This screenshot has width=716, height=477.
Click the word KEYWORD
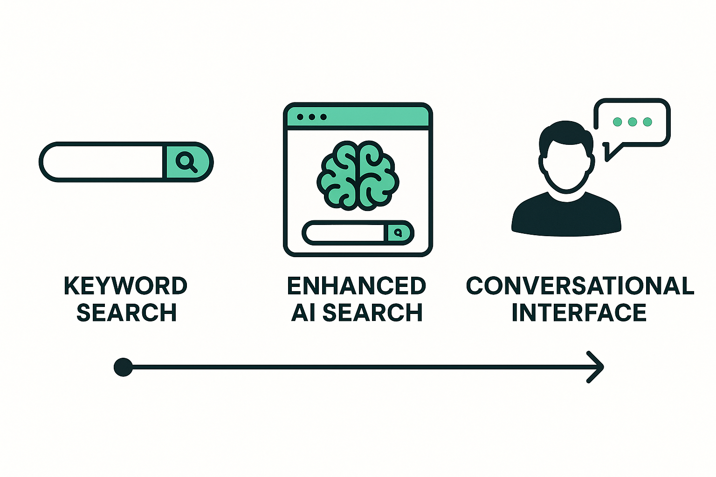(125, 286)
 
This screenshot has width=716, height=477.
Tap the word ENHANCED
(357, 286)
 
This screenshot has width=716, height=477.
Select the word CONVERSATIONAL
(580, 286)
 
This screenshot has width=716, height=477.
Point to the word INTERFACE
(579, 313)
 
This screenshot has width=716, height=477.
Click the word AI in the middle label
(303, 313)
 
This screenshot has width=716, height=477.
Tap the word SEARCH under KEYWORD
(126, 313)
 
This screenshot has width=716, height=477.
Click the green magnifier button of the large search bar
(186, 162)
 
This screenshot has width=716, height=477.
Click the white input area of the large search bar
(103, 162)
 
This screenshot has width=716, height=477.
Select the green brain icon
(358, 175)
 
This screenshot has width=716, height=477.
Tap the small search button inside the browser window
(398, 232)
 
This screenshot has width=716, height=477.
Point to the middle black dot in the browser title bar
(311, 117)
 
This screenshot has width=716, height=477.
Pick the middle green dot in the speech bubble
(632, 122)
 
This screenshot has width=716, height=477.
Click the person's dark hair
(565, 130)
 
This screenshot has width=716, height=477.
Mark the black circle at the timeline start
(123, 367)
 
